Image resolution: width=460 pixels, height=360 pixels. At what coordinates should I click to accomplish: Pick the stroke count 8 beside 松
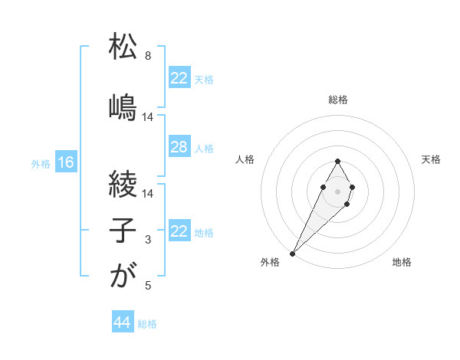(x=148, y=56)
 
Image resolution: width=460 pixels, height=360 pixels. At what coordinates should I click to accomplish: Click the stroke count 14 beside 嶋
(x=148, y=117)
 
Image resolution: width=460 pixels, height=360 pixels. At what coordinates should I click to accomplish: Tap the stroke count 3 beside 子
(x=148, y=240)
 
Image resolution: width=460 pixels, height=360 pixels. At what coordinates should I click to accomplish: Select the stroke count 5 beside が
(x=148, y=286)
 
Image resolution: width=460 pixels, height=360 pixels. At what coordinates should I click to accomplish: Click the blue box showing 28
(x=179, y=147)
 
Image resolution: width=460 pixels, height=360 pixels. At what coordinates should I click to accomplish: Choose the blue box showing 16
(x=65, y=162)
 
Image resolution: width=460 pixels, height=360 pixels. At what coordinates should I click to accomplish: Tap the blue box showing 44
(x=122, y=322)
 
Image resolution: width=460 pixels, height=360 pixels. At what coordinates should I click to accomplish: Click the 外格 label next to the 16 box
(x=41, y=163)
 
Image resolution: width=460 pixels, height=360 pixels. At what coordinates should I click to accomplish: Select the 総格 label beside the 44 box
(x=147, y=324)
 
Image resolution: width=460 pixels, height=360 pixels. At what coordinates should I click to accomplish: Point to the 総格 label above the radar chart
(x=338, y=100)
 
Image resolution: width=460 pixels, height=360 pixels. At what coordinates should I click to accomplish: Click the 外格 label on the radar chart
(x=270, y=263)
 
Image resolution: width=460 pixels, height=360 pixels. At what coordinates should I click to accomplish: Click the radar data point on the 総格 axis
(x=337, y=161)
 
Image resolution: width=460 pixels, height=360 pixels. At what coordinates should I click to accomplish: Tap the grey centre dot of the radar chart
(x=337, y=190)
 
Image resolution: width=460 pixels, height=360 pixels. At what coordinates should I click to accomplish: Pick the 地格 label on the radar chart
(x=402, y=263)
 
